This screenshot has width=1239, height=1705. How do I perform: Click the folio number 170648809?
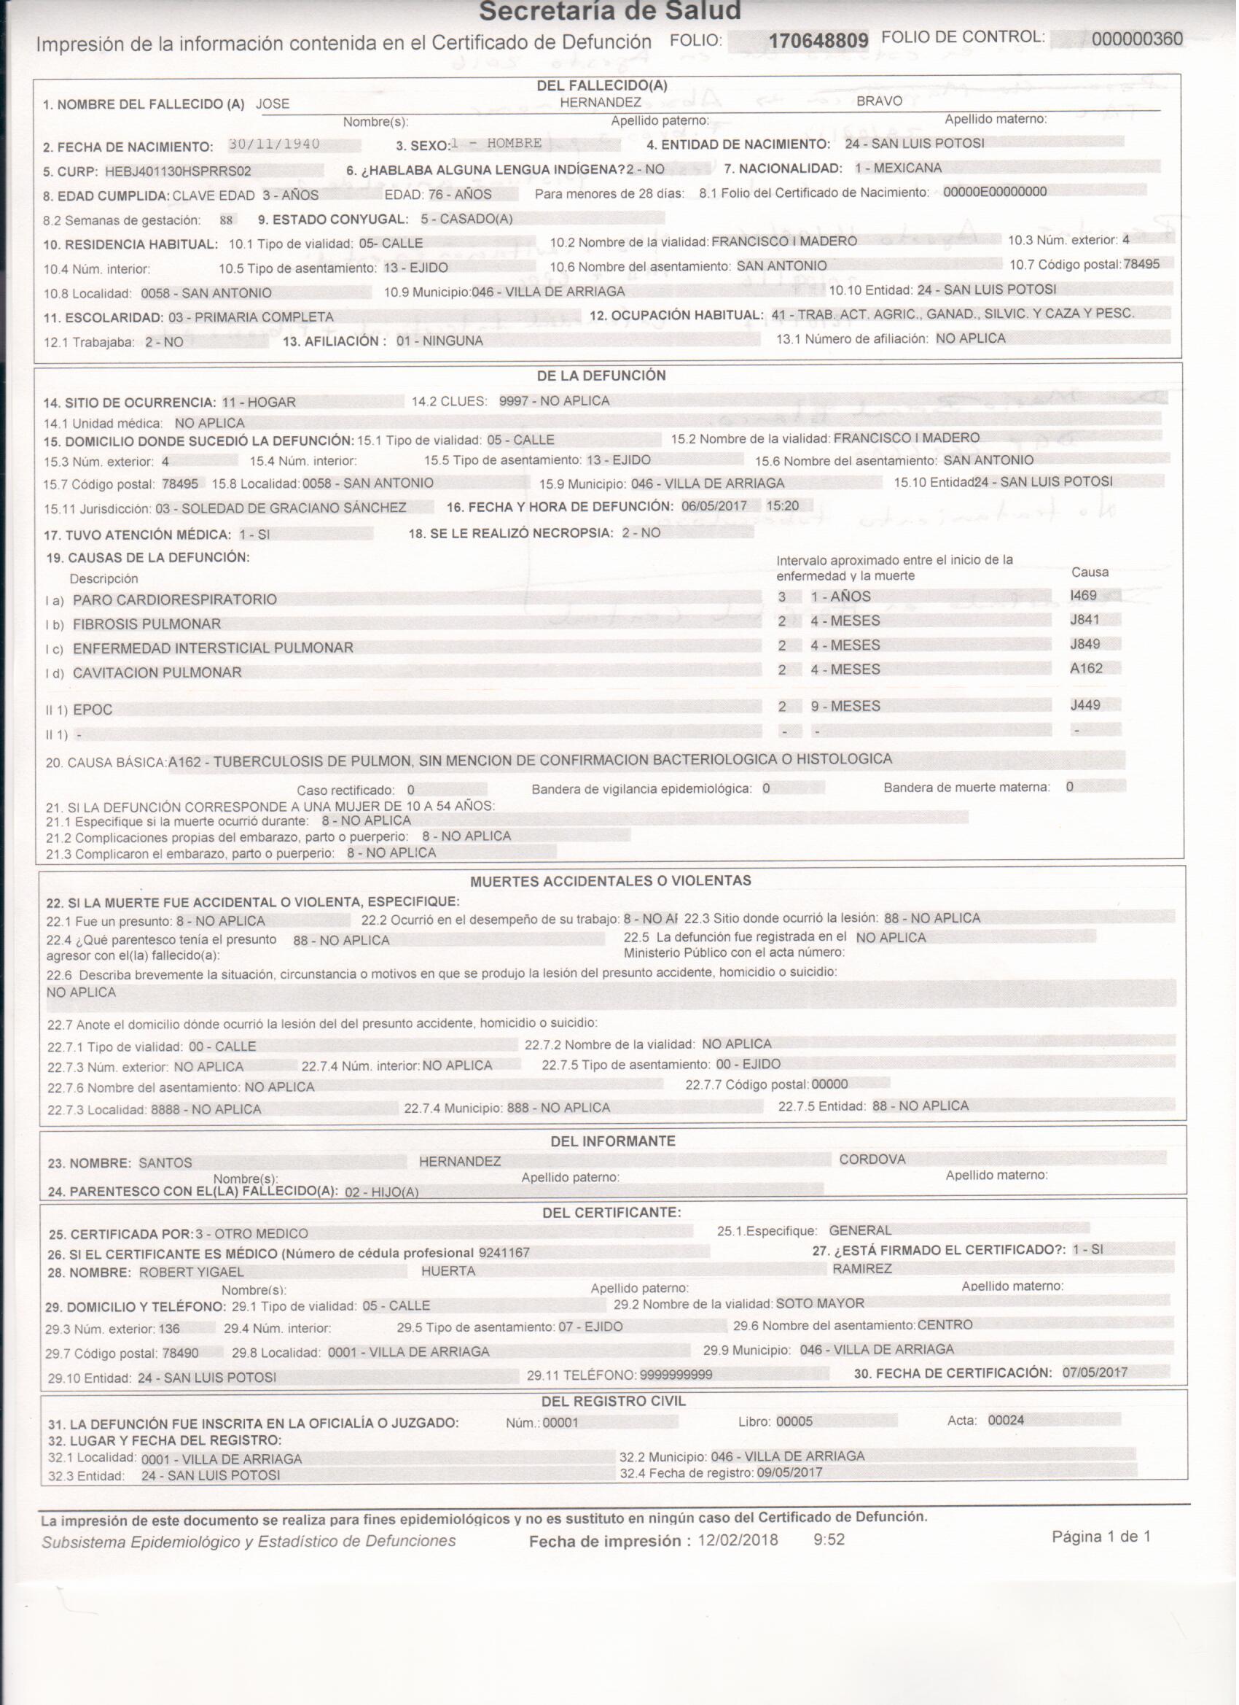pos(818,41)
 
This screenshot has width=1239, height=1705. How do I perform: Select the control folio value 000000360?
pos(1137,39)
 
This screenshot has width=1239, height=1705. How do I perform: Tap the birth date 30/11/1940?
pos(274,144)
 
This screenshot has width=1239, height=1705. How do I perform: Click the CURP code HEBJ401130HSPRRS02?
pos(178,171)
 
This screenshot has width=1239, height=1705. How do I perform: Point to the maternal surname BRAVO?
pos(879,101)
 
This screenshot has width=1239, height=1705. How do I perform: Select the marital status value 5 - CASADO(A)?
pos(466,219)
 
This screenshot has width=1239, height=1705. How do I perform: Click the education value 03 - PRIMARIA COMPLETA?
pos(250,317)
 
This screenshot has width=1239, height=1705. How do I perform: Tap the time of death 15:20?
pos(782,506)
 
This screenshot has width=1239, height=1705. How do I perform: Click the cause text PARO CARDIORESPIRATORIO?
pos(175,599)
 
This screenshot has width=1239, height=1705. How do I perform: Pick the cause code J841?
pos(1084,619)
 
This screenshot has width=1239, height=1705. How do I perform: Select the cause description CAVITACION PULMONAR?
pos(157,673)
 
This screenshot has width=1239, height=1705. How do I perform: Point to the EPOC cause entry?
pos(93,710)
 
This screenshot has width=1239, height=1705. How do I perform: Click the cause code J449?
pos(1085,705)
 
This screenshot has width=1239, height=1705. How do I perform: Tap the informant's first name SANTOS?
pos(165,1163)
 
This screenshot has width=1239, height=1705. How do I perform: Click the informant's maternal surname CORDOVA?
pos(872,1160)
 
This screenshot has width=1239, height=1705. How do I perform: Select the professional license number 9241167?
pos(504,1253)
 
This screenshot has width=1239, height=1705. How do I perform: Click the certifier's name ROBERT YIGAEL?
pos(192,1273)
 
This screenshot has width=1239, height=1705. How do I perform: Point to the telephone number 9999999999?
pos(676,1375)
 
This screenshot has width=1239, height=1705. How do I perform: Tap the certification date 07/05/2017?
pos(1095,1372)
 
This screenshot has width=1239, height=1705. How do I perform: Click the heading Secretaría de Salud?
pos(610,11)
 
